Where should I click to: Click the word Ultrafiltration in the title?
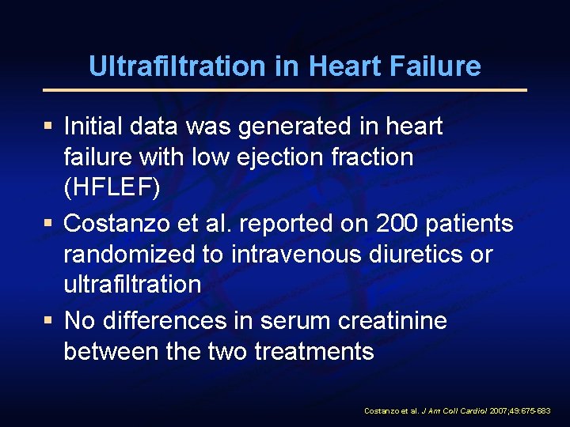(x=177, y=66)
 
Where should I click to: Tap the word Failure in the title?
(x=439, y=66)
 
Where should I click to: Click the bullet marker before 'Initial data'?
(x=49, y=125)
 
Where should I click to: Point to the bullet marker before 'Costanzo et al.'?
(x=49, y=224)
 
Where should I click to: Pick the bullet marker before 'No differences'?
(x=49, y=320)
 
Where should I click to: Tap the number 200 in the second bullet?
(x=394, y=224)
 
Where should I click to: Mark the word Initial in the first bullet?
(x=90, y=126)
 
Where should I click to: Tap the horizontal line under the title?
(x=285, y=90)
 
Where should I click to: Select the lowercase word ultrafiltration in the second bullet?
(x=132, y=285)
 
